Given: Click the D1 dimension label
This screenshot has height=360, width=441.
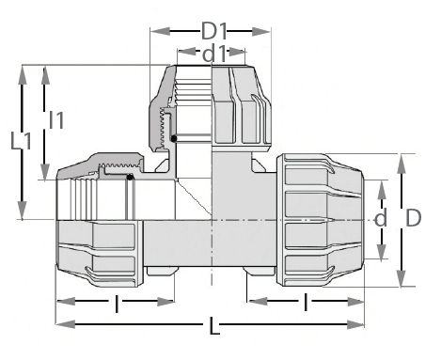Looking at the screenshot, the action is [213, 31].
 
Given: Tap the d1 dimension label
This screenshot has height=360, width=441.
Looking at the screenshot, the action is [214, 54].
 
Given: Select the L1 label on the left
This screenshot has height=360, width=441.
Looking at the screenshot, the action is [21, 141].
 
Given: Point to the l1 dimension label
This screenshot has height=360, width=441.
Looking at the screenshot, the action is [56, 120].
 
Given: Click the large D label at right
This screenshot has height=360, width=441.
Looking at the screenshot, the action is [414, 218].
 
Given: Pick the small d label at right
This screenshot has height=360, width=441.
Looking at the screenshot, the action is [381, 218].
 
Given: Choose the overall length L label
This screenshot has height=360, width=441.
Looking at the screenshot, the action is [214, 326].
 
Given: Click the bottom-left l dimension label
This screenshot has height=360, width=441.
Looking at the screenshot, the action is [117, 304].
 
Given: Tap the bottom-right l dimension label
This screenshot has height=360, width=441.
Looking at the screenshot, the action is [306, 302].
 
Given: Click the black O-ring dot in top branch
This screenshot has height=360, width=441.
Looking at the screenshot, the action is [174, 138].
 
